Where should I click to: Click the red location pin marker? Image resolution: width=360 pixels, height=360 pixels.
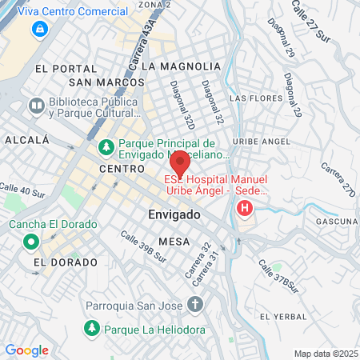click(180, 163)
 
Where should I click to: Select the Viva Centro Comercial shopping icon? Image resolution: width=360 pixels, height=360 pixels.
click(38, 29)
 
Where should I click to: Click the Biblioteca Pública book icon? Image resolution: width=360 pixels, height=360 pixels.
click(36, 106)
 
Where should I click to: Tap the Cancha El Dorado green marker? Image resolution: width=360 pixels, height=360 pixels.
click(31, 241)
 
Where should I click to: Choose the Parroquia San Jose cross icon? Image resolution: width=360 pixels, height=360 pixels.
click(194, 304)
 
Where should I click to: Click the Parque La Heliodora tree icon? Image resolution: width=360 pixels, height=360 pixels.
click(92, 328)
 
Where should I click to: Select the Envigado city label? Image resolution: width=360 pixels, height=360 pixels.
click(174, 215)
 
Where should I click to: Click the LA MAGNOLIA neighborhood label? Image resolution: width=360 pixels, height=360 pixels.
click(180, 66)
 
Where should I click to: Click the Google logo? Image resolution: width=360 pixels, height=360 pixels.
click(26, 350)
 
